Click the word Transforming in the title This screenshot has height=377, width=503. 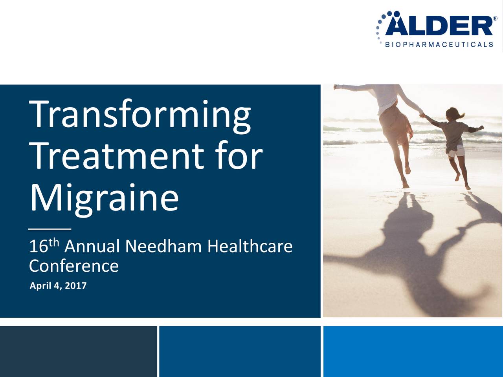tap(141, 115)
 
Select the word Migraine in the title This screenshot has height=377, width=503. tap(104, 198)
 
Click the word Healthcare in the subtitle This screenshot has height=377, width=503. tap(250, 247)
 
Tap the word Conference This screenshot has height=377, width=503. tap(74, 266)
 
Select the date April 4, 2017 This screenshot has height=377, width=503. tap(58, 286)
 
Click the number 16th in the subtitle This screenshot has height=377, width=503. tap(44, 246)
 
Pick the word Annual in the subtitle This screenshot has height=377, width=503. tap(92, 247)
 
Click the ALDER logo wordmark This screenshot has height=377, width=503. tap(439, 26)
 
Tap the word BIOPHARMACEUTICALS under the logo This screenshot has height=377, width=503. tap(439, 45)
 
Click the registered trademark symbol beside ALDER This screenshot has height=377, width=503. tap(495, 18)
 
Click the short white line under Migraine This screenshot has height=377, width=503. tap(50, 229)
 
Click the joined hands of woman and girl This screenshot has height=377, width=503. tap(422, 115)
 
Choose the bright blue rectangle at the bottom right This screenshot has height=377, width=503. tap(413, 351)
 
